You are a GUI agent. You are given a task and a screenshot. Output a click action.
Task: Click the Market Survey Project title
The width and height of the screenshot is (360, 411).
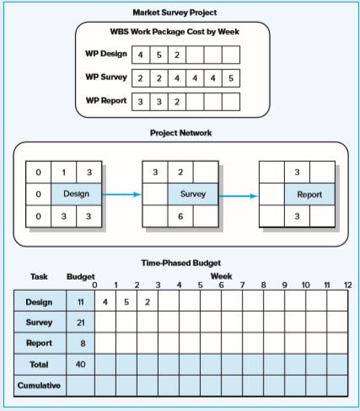[x=175, y=13]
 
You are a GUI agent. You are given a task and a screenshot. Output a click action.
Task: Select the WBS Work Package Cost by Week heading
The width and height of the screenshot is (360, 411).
[x=175, y=32]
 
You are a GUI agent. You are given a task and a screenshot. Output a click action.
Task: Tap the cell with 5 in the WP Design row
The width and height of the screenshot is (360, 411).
[x=159, y=55]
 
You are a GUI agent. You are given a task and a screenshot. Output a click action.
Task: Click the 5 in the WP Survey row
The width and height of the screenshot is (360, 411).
[x=231, y=78]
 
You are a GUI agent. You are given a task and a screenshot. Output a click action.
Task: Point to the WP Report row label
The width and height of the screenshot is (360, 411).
[x=106, y=100]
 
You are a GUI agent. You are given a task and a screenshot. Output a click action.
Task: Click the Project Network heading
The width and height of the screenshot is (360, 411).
[x=180, y=133]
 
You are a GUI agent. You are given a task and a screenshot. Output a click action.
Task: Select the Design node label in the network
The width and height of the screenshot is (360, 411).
[x=76, y=194]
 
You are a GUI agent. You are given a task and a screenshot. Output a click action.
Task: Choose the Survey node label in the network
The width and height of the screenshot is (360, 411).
[x=193, y=194]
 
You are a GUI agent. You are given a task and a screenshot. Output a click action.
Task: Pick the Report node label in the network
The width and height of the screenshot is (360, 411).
[x=309, y=195]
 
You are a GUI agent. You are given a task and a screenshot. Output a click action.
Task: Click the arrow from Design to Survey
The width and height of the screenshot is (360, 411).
[x=121, y=195]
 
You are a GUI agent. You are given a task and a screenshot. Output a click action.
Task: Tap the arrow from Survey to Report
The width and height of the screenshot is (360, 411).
[x=238, y=196]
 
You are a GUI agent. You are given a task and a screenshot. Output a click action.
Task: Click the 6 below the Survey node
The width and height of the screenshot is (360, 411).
[x=180, y=216]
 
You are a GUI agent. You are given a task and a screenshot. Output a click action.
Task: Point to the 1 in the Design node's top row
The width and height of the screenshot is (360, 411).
[x=64, y=172]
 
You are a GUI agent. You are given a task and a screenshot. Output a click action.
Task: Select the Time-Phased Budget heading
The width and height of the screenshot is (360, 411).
[x=180, y=263]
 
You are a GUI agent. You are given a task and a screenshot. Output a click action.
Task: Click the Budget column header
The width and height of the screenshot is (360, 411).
[x=81, y=277]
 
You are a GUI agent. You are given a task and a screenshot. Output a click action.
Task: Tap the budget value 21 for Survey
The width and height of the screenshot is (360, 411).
[x=81, y=323]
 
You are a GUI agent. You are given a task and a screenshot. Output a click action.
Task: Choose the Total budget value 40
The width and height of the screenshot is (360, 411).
[x=80, y=365]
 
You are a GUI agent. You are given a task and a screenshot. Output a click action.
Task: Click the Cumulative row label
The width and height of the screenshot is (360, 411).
[x=39, y=386]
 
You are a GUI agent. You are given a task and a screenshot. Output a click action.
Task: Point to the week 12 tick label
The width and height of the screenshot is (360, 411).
[x=348, y=286]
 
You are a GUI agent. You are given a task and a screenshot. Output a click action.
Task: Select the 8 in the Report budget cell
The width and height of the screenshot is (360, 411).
[x=83, y=344]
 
